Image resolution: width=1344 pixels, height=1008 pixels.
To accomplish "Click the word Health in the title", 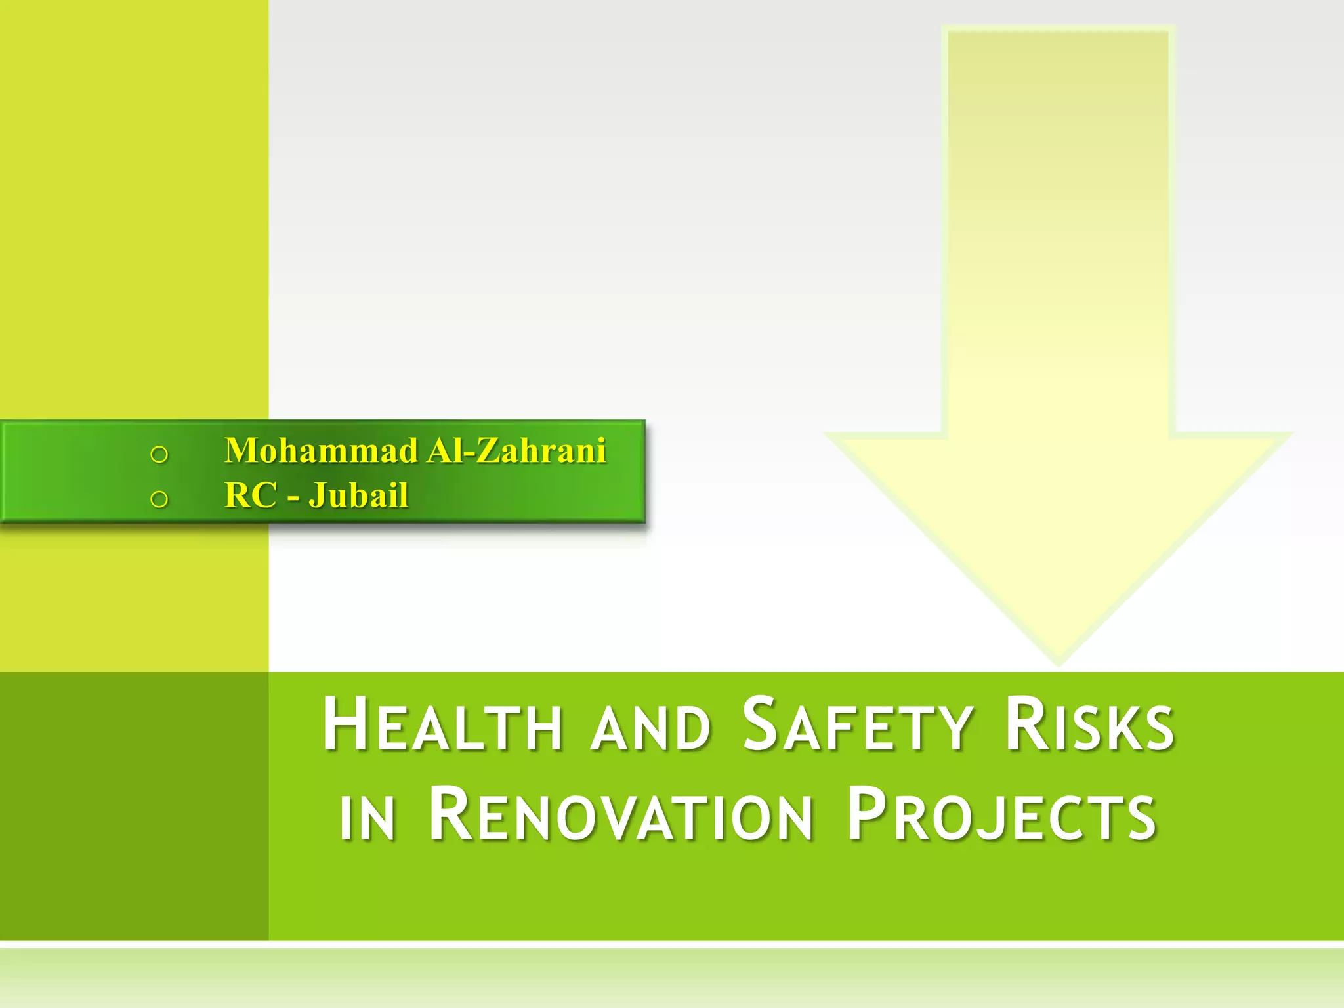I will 442,725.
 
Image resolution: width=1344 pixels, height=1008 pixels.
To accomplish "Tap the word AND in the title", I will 651,728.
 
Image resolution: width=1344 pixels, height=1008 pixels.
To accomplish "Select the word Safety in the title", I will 857,725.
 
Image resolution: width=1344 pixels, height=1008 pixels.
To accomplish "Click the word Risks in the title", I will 1089,725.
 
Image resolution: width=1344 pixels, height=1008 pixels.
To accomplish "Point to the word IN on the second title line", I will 367,818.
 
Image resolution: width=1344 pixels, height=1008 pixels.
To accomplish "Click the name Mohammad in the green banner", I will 322,451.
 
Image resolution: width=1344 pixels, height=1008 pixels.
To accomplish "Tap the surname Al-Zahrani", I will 517,451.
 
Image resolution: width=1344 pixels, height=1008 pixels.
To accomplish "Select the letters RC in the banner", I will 250,495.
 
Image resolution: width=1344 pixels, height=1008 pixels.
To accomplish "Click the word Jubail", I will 358,495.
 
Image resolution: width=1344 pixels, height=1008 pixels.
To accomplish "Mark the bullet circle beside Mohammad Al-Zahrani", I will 159,454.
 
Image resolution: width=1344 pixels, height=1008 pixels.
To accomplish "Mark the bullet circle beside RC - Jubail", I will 159,499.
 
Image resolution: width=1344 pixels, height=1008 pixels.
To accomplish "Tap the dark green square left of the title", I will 134,806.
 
